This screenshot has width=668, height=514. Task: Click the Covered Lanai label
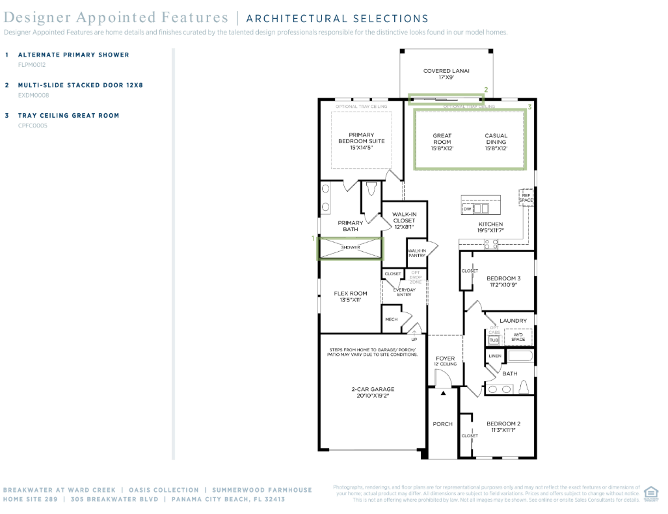point(446,74)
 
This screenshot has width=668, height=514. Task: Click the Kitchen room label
point(490,227)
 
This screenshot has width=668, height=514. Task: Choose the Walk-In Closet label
point(404,221)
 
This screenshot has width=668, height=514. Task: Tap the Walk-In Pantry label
point(416,253)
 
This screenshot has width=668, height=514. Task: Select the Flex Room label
point(351,296)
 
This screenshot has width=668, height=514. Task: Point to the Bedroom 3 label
point(503,281)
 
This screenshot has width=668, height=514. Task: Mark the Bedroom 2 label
point(503,426)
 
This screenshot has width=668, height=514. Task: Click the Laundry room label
point(513,321)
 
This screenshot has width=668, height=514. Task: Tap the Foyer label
point(446,360)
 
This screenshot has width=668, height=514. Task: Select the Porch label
point(442,424)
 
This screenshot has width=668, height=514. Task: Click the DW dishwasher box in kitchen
point(467,209)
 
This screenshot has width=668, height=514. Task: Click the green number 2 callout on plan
point(485,89)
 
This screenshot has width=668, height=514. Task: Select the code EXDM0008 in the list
point(33,95)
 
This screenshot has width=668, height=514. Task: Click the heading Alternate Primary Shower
point(73,55)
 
